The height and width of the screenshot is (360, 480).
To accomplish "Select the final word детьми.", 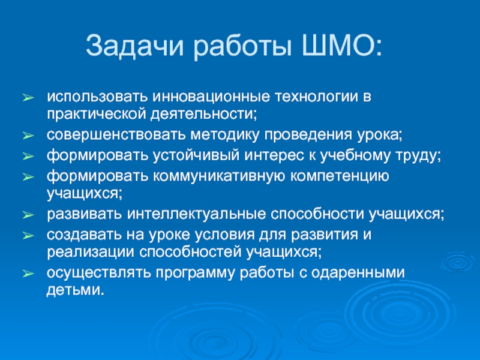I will (74, 289).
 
